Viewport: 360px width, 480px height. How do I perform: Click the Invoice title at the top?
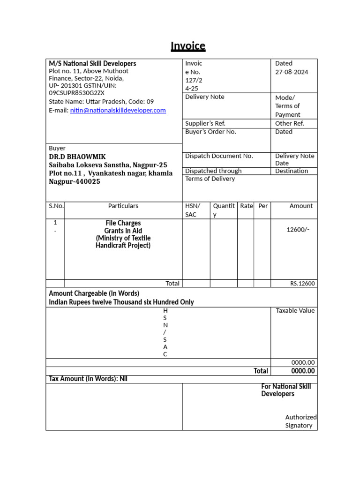click(x=187, y=46)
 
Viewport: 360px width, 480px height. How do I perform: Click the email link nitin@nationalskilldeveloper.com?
click(x=118, y=110)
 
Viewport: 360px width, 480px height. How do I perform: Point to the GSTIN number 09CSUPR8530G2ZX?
click(x=77, y=93)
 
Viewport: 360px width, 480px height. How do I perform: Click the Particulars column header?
click(x=123, y=206)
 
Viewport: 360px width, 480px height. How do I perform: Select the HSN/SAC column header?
click(x=192, y=210)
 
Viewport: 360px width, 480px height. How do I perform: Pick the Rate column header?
click(x=246, y=206)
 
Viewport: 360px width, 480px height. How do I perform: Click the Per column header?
click(x=263, y=206)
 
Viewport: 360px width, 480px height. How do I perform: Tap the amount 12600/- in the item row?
click(x=298, y=229)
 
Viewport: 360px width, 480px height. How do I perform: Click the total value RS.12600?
click(x=302, y=284)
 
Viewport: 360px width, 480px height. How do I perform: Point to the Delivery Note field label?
click(x=205, y=97)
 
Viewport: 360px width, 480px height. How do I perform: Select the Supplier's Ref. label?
click(x=205, y=123)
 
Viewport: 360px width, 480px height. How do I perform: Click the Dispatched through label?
click(x=213, y=171)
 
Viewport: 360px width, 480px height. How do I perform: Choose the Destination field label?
click(x=292, y=171)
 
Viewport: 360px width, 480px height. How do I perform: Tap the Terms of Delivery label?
click(x=210, y=179)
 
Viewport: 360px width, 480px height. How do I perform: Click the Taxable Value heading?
click(x=295, y=310)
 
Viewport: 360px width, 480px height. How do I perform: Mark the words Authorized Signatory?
click(x=300, y=421)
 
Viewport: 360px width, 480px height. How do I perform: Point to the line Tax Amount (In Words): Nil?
click(x=88, y=379)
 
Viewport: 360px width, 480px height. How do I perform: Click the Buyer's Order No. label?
click(x=210, y=132)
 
